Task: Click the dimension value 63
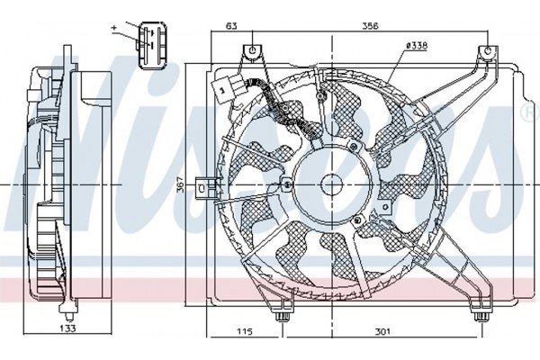click(232, 26)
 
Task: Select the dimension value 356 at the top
click(370, 26)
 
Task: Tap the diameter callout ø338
click(417, 45)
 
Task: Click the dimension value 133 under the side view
click(67, 328)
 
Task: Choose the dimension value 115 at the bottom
click(245, 331)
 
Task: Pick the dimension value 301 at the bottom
click(382, 331)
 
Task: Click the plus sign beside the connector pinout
click(114, 28)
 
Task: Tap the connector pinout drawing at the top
click(152, 44)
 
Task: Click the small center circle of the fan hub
click(331, 185)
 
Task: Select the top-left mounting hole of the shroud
click(252, 50)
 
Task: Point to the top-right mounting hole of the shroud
click(488, 51)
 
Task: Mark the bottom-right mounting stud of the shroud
click(481, 314)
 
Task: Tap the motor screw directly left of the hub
click(286, 185)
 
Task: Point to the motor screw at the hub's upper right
click(354, 147)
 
